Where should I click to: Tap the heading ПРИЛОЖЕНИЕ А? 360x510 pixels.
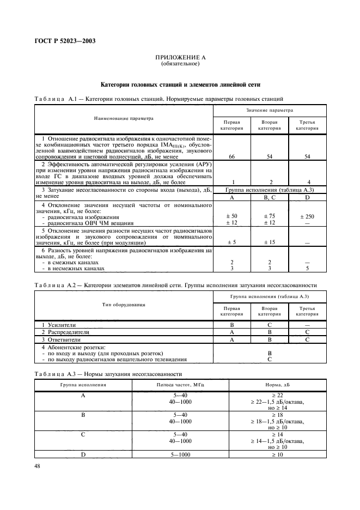coord(180,57)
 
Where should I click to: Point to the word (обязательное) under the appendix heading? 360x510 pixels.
coord(180,64)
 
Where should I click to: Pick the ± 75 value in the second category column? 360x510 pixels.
coord(270,216)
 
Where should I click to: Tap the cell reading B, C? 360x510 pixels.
coord(270,198)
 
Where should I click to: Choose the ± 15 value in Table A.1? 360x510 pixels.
coord(270,242)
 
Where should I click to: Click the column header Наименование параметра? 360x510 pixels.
coord(124,118)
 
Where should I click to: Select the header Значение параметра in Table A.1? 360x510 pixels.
coord(269,110)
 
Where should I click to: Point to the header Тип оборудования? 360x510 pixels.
coord(124,304)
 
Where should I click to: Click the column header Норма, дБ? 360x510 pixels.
coord(277,384)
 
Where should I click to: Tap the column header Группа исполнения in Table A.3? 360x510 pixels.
coord(83,384)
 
